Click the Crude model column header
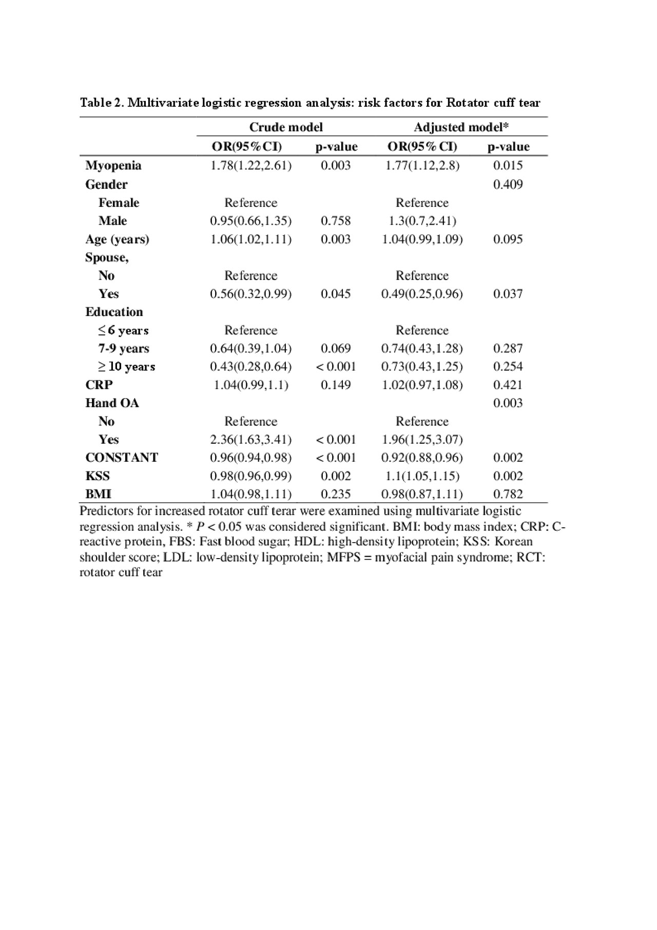click(286, 127)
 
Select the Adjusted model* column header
click(461, 127)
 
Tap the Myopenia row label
click(113, 165)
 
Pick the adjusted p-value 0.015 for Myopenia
click(508, 165)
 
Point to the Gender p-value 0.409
click(508, 184)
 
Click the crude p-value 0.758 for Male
click(336, 221)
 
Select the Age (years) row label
click(117, 239)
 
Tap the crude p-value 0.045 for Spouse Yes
click(336, 293)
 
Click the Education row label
click(114, 312)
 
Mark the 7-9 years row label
click(124, 348)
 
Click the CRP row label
click(99, 385)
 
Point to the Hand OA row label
click(112, 403)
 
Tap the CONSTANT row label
click(122, 457)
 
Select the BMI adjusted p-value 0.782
click(508, 494)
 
